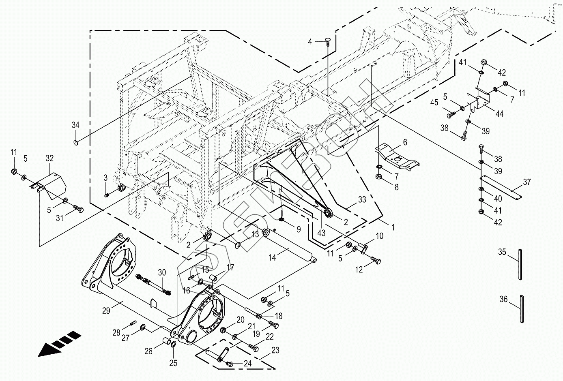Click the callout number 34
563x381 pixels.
click(x=75, y=125)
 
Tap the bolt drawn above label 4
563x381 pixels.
click(x=327, y=40)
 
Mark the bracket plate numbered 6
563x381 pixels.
click(x=396, y=156)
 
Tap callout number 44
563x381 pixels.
click(x=499, y=114)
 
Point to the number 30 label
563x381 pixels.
click(x=162, y=272)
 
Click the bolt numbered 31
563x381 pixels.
click(x=79, y=209)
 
